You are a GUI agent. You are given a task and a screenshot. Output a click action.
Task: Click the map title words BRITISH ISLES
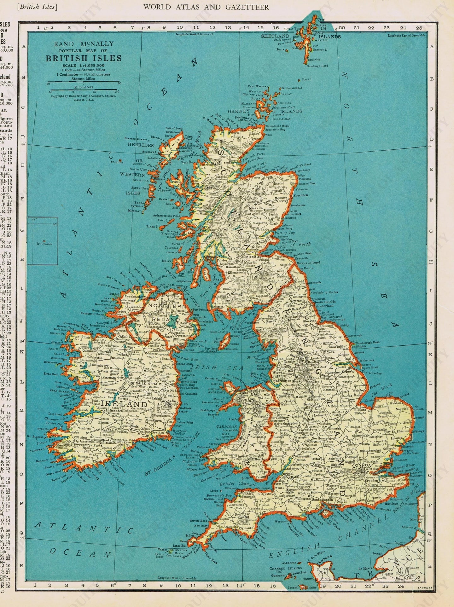pos(83,58)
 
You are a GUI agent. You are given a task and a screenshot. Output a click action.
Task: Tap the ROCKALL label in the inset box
pos(44,244)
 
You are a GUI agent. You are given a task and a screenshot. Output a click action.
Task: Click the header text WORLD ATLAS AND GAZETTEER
pos(206,7)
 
